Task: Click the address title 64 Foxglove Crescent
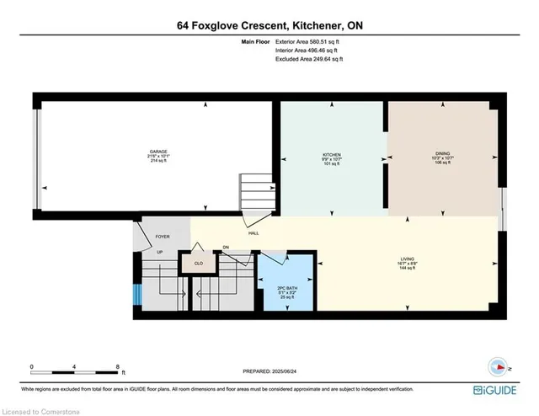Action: pos(269,25)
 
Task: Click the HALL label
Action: pos(252,232)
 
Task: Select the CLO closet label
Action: pos(199,263)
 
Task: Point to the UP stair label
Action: pos(159,251)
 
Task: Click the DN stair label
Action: pos(226,247)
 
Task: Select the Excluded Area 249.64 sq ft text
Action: pos(310,59)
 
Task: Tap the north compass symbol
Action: pos(497,367)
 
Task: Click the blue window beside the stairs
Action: pos(136,295)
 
